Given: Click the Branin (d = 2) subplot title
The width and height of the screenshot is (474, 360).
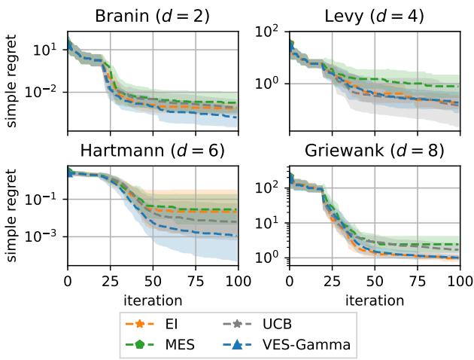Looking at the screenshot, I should (153, 15).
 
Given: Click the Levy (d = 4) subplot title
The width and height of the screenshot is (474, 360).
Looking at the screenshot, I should (374, 15).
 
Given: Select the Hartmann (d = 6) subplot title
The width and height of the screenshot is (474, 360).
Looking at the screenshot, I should (153, 150).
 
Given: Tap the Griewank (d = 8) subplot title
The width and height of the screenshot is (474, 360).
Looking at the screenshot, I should (374, 150).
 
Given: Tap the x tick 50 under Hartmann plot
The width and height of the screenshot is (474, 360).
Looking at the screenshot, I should (153, 282).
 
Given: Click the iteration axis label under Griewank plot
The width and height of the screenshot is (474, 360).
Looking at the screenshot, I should (374, 299).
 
